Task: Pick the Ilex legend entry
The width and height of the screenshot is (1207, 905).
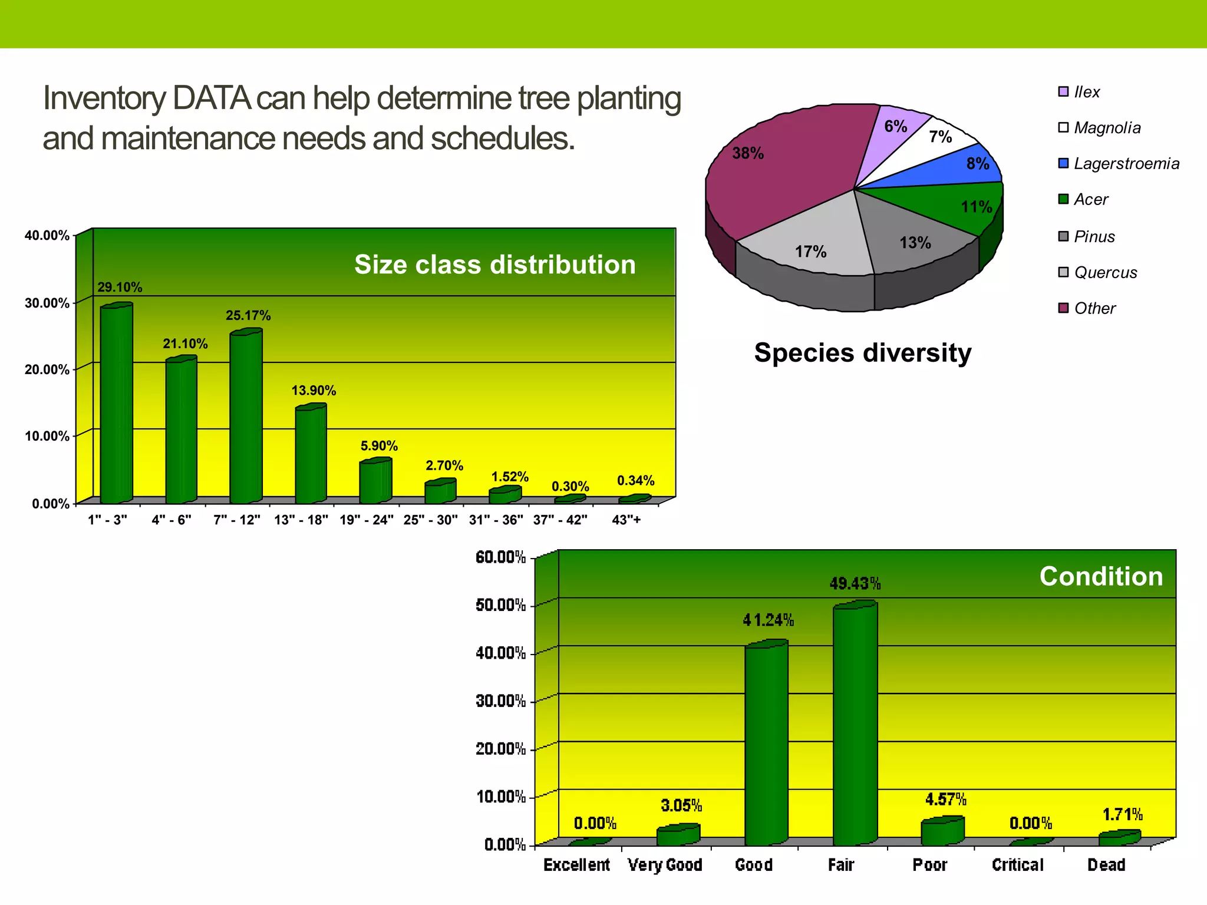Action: tap(1086, 93)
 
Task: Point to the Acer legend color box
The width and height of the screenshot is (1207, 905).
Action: tap(1063, 199)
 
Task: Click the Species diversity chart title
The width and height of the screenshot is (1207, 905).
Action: tap(862, 353)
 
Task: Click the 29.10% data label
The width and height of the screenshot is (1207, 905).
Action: tap(120, 288)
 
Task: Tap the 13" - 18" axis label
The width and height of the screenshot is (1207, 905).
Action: tap(301, 520)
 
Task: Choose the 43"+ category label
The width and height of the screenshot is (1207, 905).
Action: tap(626, 520)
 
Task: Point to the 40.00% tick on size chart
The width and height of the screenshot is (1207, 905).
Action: tap(47, 236)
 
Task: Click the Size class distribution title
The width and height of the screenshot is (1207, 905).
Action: tap(494, 265)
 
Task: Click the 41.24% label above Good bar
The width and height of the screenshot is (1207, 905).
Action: tap(767, 620)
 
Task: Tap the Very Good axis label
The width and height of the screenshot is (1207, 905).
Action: tap(665, 865)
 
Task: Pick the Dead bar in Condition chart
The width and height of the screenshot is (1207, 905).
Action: tap(1119, 838)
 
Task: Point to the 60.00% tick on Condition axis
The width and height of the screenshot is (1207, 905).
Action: tap(500, 557)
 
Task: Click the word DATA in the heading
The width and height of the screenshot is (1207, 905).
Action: tap(212, 99)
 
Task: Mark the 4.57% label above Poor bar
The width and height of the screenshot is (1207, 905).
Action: tap(945, 800)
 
